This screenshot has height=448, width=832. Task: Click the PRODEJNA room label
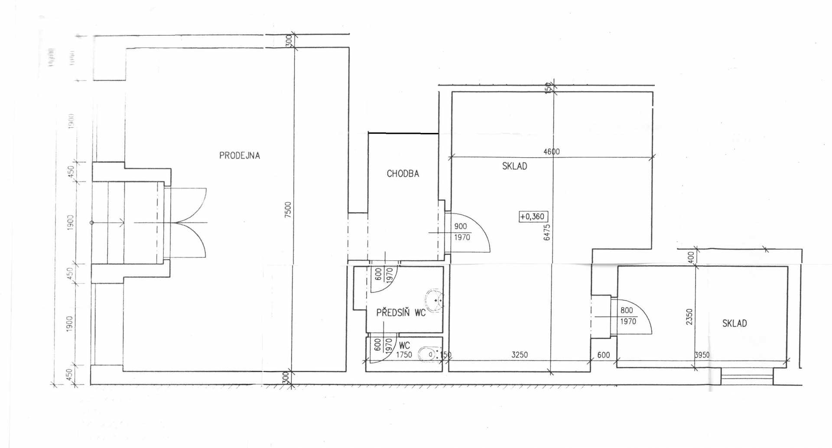click(239, 156)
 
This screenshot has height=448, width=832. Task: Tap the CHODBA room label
click(403, 174)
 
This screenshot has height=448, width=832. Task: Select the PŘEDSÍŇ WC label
click(401, 312)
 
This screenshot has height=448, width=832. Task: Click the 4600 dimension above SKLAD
click(551, 152)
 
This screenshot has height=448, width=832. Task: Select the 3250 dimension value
click(519, 355)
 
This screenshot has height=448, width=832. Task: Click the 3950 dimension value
click(702, 355)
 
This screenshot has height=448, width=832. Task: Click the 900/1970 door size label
click(461, 232)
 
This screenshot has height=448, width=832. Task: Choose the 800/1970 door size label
click(627, 316)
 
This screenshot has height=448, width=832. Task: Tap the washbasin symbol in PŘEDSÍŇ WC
click(435, 300)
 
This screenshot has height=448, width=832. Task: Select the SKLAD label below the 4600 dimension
click(514, 166)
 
